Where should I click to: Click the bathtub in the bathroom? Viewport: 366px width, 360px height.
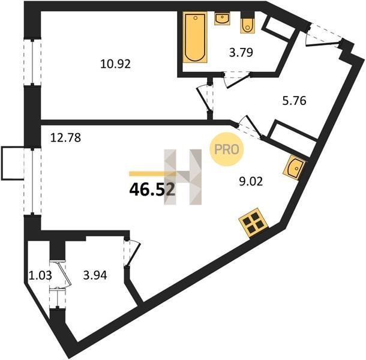[x=195, y=37]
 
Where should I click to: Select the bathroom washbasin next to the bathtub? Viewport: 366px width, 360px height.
[x=222, y=19]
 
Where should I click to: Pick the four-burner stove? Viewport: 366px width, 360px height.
[x=253, y=223]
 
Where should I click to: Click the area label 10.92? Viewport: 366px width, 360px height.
[x=116, y=64]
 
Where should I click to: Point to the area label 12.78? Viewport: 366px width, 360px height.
[x=65, y=137]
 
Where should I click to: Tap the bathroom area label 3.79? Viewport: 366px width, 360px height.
[x=241, y=52]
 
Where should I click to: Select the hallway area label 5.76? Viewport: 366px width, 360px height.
[x=294, y=101]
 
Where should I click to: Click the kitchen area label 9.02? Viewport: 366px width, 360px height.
[x=251, y=181]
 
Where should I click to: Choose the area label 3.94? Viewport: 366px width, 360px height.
[x=95, y=275]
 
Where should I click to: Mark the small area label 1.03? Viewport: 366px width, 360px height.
[x=40, y=275]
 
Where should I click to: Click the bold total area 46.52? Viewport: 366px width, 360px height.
[x=152, y=190]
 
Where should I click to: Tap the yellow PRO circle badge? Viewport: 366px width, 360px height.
[x=227, y=149]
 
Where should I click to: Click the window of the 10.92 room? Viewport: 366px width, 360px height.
[x=32, y=62]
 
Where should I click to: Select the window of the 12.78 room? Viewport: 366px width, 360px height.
[x=32, y=181]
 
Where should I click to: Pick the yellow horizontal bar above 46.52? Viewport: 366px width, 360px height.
[x=152, y=173]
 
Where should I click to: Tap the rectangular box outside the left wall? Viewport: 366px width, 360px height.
[x=13, y=163]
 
